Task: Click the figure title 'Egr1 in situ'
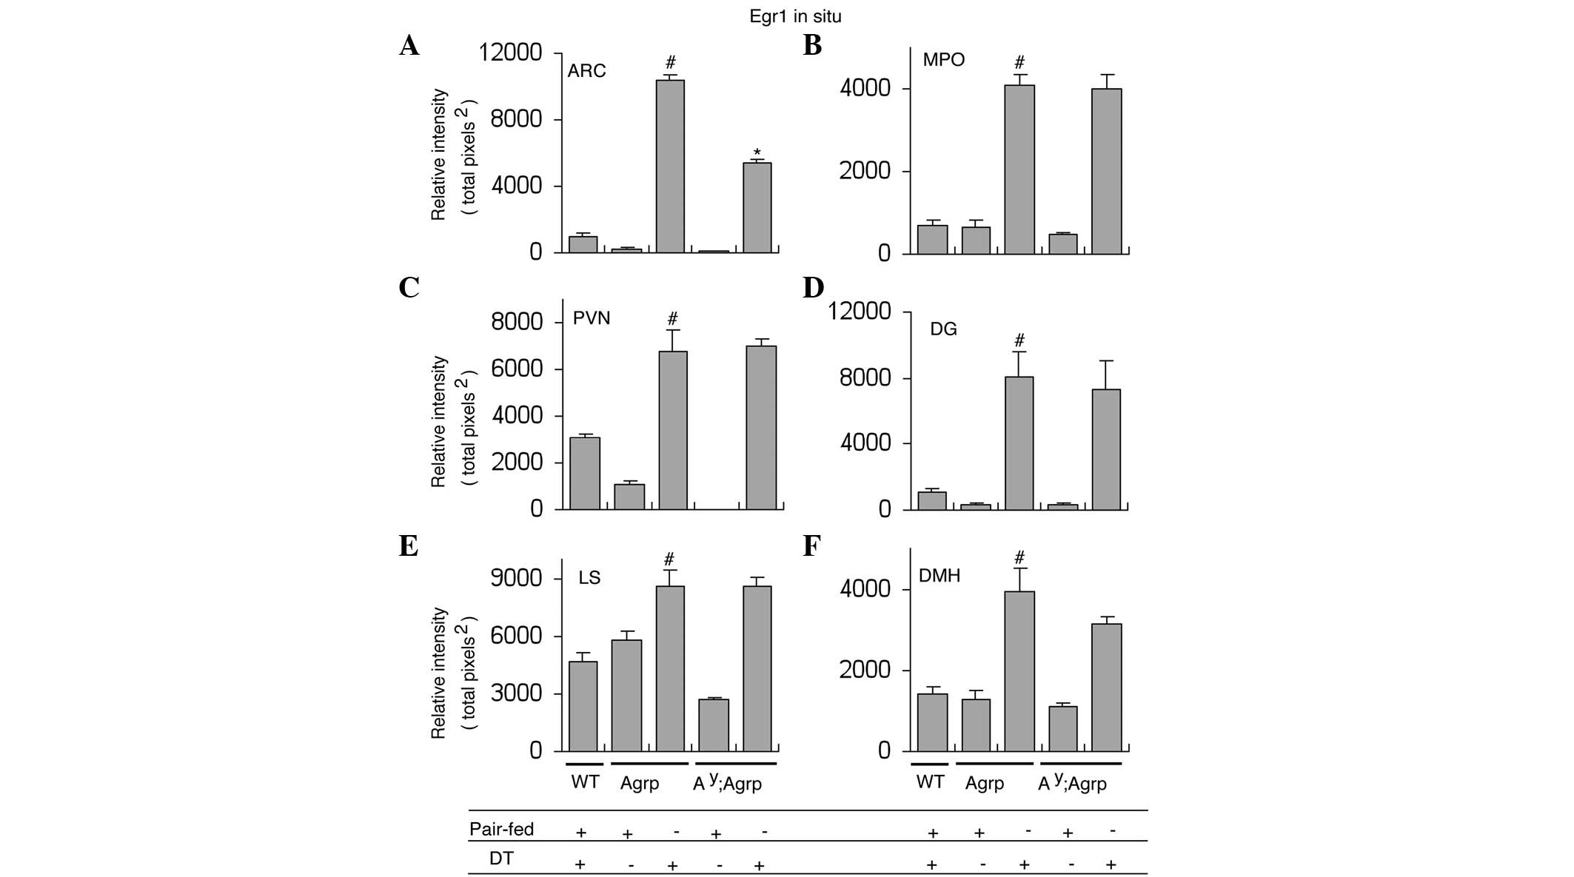pos(795,16)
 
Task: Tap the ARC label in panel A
pos(586,71)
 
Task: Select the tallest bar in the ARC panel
pos(670,166)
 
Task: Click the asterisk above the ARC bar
pos(757,153)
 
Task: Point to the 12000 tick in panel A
pos(511,53)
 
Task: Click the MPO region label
pos(943,59)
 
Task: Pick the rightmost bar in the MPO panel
pos(1106,171)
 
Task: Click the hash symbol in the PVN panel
pos(672,319)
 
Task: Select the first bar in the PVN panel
pos(585,473)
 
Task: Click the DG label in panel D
pos(943,329)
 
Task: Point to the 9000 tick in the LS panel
pos(517,578)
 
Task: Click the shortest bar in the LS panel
pos(714,725)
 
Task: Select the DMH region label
pos(939,575)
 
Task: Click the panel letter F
pos(812,546)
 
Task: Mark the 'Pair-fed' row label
pos(501,829)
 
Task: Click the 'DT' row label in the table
pos(501,858)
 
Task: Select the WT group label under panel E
pos(585,782)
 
